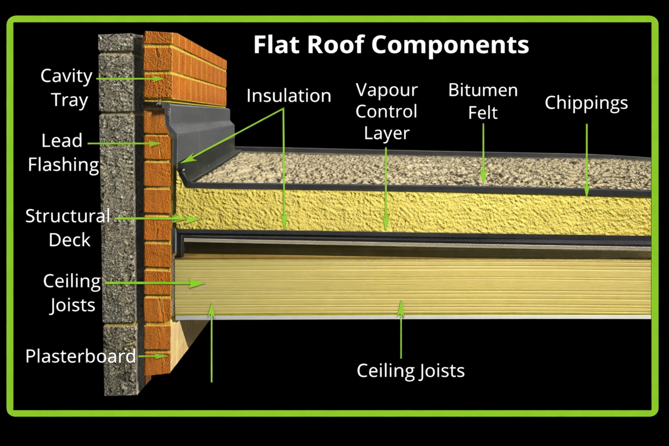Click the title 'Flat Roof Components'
point(391,45)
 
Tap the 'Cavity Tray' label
point(67,88)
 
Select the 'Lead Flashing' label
point(63,153)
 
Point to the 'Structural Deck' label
point(68,228)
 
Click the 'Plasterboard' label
point(80,356)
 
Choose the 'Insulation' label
point(289,96)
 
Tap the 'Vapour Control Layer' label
point(387,111)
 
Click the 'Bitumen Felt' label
point(483,101)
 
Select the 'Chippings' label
point(586,103)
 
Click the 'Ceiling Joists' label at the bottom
point(411,371)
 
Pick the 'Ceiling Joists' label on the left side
point(72,293)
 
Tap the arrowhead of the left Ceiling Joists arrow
point(197,283)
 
